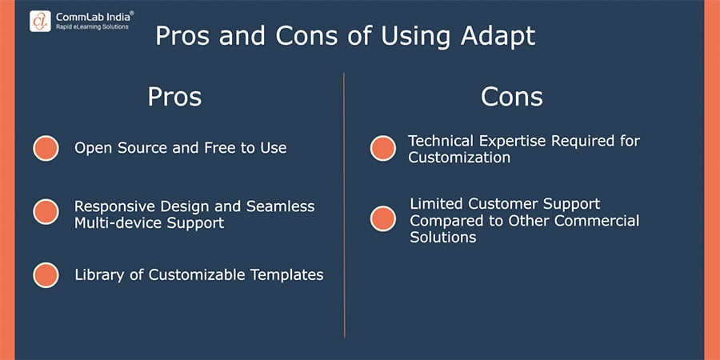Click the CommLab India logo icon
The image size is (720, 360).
click(x=41, y=21)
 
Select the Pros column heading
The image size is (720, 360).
click(x=174, y=97)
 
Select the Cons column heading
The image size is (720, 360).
click(x=512, y=97)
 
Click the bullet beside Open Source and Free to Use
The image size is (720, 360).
click(x=46, y=148)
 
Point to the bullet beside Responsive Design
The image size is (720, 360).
click(x=46, y=212)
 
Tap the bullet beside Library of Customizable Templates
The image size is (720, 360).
click(x=46, y=275)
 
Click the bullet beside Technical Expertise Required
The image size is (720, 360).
click(x=383, y=148)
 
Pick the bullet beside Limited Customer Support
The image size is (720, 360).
click(x=383, y=218)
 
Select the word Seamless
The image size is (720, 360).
click(x=281, y=206)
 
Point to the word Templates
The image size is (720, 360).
click(x=287, y=275)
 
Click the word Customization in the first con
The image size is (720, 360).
click(x=459, y=158)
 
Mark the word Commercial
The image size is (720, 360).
click(x=597, y=221)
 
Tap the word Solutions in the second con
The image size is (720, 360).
click(x=443, y=237)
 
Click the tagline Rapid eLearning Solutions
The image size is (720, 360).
click(x=92, y=27)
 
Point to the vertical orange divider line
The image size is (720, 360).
click(x=344, y=205)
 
